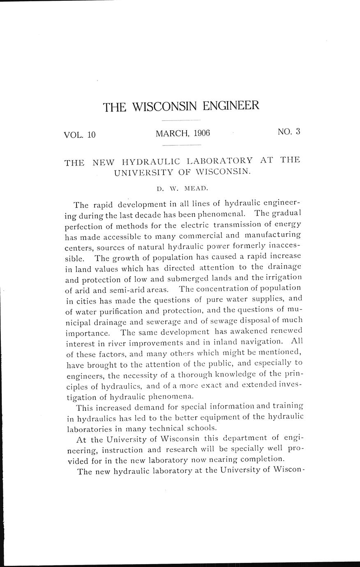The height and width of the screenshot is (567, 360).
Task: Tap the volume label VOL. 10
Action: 79,134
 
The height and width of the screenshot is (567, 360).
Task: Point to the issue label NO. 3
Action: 289,132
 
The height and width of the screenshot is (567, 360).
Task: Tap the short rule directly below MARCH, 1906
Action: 181,145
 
